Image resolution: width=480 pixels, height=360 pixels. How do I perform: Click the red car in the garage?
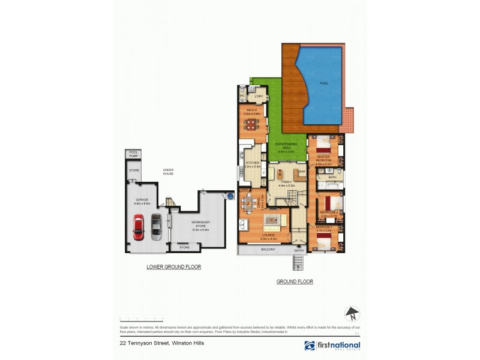click(x=138, y=227)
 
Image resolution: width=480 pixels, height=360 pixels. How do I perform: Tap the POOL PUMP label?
click(x=133, y=154)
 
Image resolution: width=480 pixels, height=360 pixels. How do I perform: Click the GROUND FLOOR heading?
click(x=295, y=281)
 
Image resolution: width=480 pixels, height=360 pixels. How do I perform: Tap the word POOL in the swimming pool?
click(x=324, y=83)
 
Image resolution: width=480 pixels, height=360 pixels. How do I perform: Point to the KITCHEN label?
click(x=252, y=163)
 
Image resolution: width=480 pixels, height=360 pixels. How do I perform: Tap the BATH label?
click(x=332, y=178)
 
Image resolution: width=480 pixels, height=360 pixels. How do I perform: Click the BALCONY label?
click(x=268, y=250)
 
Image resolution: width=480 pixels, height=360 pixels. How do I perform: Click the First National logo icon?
click(x=310, y=346)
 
